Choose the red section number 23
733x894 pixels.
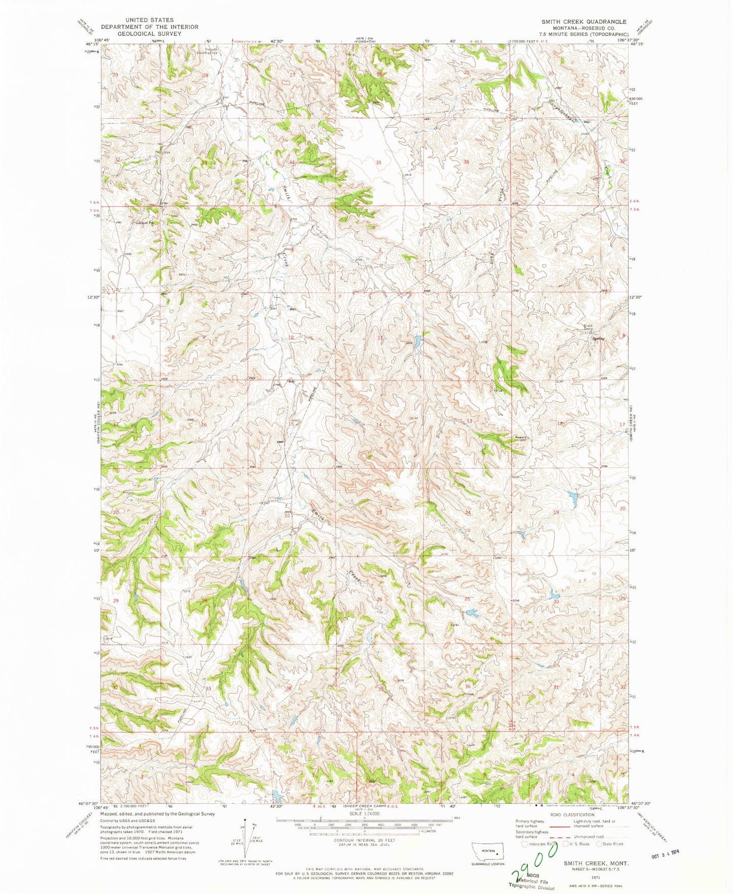point(379,513)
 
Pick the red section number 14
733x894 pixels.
point(378,425)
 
